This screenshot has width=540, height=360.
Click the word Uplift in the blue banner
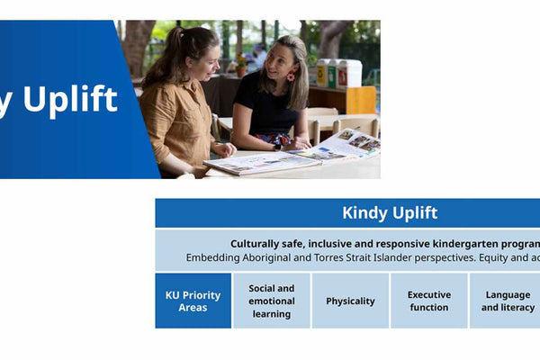pos(70,101)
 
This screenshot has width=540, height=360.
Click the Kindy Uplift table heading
pos(390,213)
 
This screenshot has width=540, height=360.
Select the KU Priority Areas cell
pos(193,301)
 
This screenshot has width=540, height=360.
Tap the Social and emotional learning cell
pos(271,301)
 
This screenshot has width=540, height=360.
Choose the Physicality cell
pos(350,301)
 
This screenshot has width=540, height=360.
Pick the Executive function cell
pos(428,301)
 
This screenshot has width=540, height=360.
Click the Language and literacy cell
pos(507,301)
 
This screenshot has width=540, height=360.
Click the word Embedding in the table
pos(215,257)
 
